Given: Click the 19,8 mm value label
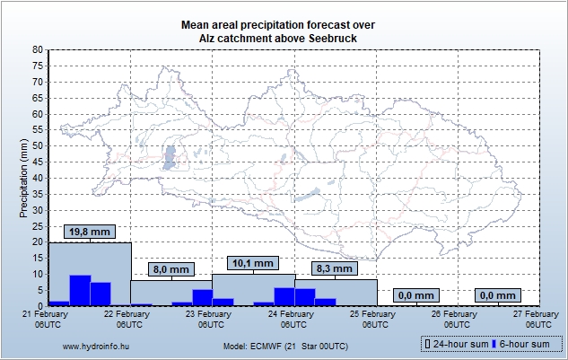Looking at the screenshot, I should coord(90,232).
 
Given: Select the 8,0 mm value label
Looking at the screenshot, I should coord(171,269).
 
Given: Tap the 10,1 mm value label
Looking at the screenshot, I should coord(253,263).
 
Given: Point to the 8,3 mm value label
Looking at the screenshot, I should coord(335,268).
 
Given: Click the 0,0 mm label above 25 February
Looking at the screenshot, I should coord(416,295).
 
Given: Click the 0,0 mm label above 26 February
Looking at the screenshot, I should coord(498,295).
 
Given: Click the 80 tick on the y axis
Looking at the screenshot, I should coord(38,50).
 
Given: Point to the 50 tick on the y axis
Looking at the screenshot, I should coord(38,146).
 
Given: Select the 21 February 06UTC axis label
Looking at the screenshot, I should coord(49,320).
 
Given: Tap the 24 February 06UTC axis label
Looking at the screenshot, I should coord(293,320).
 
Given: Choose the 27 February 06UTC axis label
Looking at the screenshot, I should coord(538,320).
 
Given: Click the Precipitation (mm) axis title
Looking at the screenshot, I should coord(24,178).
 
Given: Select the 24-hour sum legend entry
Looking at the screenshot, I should coord(458,344).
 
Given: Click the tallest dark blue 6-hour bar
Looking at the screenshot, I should coord(80,290).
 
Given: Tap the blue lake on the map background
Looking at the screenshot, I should coord(169,158).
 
